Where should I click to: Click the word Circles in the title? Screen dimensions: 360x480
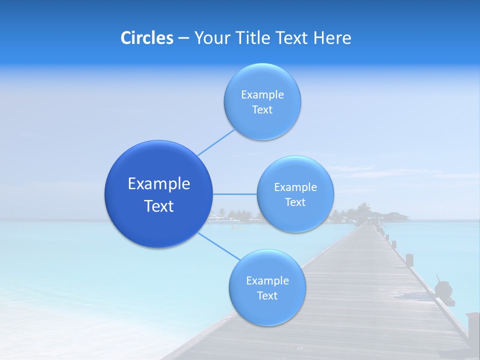pyautogui.click(x=146, y=38)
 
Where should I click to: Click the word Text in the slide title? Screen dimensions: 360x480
pyautogui.click(x=293, y=38)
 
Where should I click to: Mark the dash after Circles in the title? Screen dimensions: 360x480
pyautogui.click(x=183, y=38)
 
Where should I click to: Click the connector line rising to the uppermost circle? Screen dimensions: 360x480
pyautogui.click(x=216, y=142)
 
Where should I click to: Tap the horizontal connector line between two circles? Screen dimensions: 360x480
pyautogui.click(x=234, y=194)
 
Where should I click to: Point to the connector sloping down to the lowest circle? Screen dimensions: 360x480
pyautogui.click(x=219, y=246)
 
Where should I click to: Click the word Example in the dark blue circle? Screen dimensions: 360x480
pyautogui.click(x=158, y=184)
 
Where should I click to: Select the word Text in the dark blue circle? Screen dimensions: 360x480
pyautogui.click(x=158, y=206)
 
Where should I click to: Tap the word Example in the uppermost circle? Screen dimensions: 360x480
pyautogui.click(x=262, y=94)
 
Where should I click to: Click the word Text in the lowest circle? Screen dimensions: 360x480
pyautogui.click(x=267, y=295)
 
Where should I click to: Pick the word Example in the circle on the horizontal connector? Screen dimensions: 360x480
pyautogui.click(x=295, y=187)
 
